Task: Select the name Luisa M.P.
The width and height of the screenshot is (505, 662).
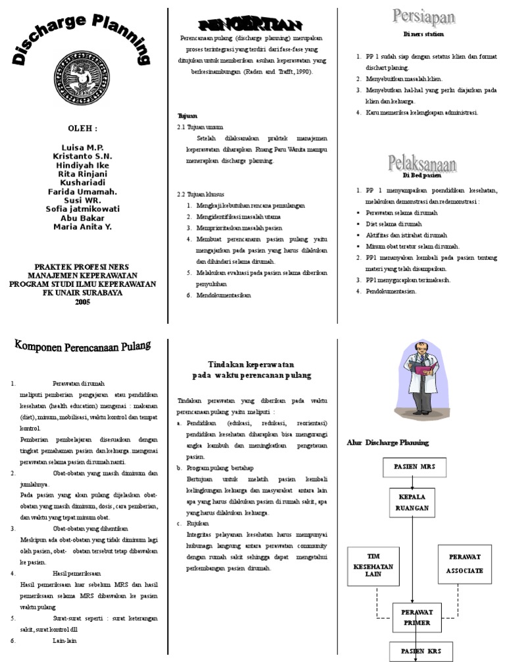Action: pyautogui.click(x=82, y=147)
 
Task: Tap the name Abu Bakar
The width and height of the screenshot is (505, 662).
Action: pyautogui.click(x=82, y=218)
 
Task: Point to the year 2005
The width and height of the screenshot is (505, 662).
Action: pyautogui.click(x=82, y=302)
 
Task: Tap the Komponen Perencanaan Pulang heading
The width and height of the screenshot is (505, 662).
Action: pyautogui.click(x=83, y=346)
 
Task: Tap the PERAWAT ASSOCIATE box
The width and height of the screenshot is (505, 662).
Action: pyautogui.click(x=464, y=564)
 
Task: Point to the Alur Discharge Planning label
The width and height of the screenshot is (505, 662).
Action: pyautogui.click(x=387, y=443)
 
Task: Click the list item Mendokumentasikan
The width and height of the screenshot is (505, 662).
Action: pyautogui.click(x=224, y=295)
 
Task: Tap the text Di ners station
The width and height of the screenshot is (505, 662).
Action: pyautogui.click(x=423, y=34)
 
